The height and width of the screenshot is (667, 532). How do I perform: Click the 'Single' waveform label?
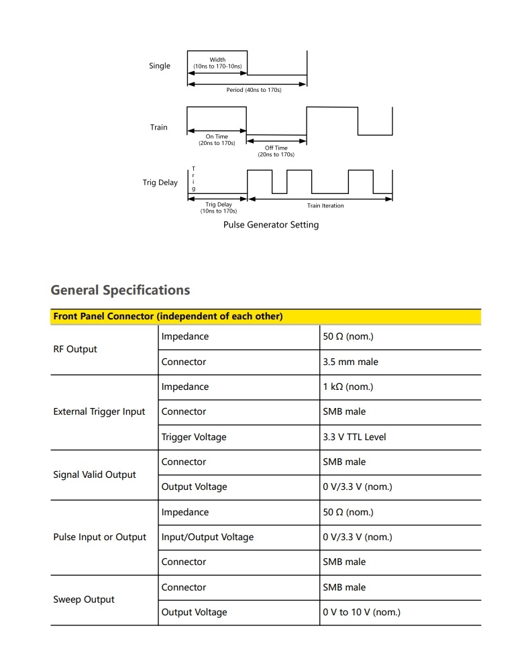pos(160,66)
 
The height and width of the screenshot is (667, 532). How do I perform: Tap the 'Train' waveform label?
pos(159,127)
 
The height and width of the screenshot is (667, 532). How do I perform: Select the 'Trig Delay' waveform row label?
pos(160,183)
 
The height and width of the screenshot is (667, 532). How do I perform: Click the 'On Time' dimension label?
pos(217,137)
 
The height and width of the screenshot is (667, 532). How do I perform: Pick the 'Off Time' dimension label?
pos(276,148)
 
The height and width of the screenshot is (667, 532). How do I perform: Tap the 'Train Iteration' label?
pos(325,206)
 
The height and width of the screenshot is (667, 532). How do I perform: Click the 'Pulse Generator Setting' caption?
pos(271,225)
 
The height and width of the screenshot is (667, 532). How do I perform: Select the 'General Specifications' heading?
pos(120,290)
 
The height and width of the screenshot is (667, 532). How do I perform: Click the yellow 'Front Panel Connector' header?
pos(168,317)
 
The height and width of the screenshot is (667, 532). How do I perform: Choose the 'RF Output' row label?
pos(75,349)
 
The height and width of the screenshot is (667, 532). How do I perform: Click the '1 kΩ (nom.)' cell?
pos(348,387)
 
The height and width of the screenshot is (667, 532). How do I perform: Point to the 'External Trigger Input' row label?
pos(99,412)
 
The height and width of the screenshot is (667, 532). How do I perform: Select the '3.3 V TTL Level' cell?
pos(354,437)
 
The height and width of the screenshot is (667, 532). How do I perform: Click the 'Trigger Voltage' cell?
pos(194,437)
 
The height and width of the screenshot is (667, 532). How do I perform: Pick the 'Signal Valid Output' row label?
pos(95,474)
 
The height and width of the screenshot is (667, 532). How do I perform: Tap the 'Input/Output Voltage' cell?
pos(207,537)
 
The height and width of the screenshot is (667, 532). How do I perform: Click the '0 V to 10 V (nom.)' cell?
pos(362,612)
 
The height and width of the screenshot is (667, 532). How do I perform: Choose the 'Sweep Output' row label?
pos(84,600)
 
